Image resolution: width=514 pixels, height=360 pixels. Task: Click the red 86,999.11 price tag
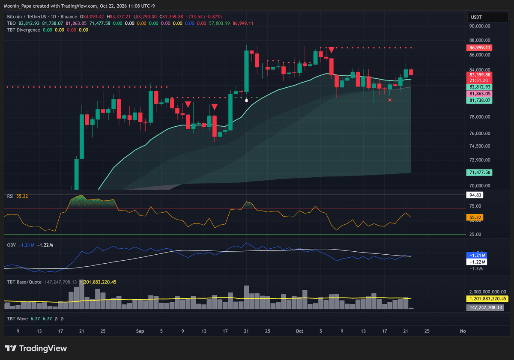479,48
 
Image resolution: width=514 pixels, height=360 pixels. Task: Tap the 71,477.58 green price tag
479,173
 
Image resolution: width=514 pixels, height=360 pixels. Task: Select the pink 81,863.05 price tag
479,94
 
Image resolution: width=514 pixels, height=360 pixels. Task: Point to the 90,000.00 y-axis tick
480,26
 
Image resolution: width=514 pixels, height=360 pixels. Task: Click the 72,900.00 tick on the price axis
480,160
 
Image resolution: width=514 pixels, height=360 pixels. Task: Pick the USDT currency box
487,17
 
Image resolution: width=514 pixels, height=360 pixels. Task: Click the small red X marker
390,100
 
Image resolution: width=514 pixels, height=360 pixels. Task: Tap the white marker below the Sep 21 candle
246,100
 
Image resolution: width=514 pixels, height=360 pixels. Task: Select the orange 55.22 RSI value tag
475,217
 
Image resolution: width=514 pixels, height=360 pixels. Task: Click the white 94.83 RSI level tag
475,195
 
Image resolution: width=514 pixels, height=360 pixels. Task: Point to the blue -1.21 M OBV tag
476,255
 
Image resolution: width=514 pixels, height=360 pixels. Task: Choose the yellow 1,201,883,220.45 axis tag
487,298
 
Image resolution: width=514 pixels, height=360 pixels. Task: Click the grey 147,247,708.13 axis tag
485,307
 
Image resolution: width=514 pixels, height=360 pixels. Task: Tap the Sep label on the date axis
140,331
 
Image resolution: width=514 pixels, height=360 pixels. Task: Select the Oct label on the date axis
299,331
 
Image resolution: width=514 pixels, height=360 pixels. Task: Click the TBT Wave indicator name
18,319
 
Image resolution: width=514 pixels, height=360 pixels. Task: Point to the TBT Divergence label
24,30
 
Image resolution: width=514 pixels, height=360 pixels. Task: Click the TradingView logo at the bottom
36,348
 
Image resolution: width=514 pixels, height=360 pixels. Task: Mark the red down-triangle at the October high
331,50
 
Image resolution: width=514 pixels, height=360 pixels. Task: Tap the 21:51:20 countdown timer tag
479,80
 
